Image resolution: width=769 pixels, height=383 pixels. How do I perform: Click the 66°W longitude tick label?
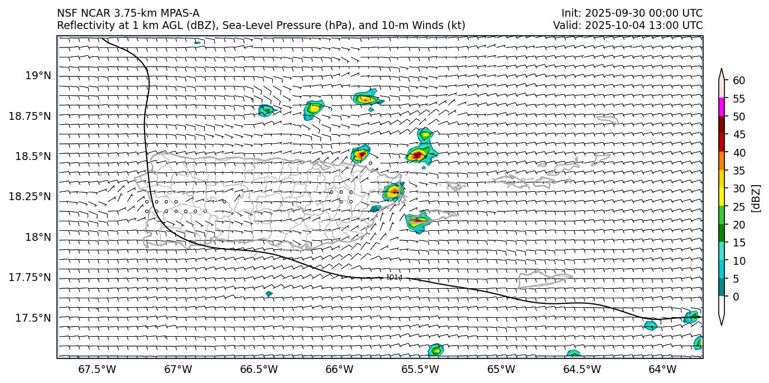pyautogui.click(x=339, y=369)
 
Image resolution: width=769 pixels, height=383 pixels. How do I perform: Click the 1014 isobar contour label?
pyautogui.click(x=394, y=278)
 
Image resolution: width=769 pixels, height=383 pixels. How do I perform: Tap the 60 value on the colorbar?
pyautogui.click(x=739, y=81)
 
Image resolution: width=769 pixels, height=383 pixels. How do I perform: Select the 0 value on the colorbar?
pyautogui.click(x=736, y=297)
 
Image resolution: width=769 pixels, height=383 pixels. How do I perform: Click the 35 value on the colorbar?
pyautogui.click(x=739, y=171)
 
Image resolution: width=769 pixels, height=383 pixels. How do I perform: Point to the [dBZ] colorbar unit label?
pyautogui.click(x=757, y=198)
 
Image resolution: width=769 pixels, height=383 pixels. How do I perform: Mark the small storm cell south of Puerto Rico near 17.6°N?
pyautogui.click(x=269, y=294)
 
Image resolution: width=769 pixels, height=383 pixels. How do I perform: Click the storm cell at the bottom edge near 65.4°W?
pyautogui.click(x=435, y=350)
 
